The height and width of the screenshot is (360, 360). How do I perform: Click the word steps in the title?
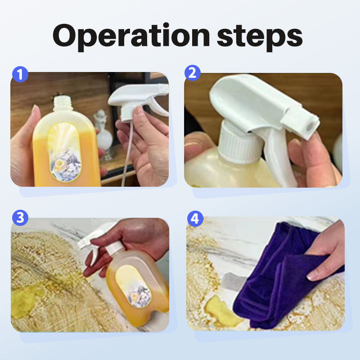(x=260, y=38)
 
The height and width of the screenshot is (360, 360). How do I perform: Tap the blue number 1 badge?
(x=20, y=74)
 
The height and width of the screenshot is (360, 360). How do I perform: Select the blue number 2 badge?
(x=193, y=73)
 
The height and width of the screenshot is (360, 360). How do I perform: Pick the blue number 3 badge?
(x=20, y=218)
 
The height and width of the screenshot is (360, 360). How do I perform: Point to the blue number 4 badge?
(x=195, y=219)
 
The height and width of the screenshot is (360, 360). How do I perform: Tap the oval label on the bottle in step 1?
(x=64, y=152)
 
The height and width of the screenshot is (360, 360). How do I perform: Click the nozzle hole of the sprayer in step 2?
(x=309, y=126)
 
